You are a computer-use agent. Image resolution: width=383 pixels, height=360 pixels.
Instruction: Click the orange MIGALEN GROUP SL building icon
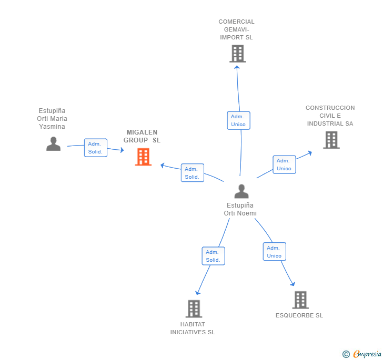[x=144, y=157]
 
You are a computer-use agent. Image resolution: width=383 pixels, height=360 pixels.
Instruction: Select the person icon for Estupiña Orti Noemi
[x=241, y=191]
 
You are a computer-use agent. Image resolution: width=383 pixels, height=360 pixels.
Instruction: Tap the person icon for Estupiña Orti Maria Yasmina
[x=53, y=144]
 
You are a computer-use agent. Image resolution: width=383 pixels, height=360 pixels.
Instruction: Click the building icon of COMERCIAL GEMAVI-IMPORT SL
[x=238, y=54]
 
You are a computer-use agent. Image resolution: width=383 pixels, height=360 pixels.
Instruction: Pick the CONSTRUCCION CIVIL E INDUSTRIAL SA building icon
[x=331, y=140]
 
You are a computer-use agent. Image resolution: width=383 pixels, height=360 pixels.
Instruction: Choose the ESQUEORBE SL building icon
[x=301, y=300]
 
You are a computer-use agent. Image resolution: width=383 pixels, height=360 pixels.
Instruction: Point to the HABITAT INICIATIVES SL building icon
[x=194, y=308]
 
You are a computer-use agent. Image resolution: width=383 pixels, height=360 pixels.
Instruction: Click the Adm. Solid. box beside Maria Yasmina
[x=96, y=148]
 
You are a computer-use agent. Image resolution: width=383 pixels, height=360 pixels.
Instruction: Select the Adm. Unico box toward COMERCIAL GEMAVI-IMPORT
[x=239, y=120]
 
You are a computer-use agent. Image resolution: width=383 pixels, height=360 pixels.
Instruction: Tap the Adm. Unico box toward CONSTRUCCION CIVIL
[x=284, y=164]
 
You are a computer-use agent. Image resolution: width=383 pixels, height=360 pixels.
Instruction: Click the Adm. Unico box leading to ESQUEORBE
[x=275, y=252]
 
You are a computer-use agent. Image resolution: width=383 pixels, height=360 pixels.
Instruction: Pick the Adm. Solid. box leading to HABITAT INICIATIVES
[x=214, y=256]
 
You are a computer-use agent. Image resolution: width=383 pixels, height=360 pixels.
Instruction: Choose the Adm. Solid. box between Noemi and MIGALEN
[x=193, y=173]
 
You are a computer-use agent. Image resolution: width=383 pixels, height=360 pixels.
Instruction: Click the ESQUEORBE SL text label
[x=299, y=315]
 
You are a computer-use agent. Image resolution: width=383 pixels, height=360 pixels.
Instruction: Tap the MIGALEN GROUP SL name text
[x=142, y=136]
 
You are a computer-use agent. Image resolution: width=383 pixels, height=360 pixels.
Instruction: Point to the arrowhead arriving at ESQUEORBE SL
[x=293, y=284]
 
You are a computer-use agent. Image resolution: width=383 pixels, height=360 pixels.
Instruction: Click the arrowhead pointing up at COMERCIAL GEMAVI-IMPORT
[x=237, y=68]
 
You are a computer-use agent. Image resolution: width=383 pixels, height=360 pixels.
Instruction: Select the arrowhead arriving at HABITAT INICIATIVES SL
[x=197, y=293]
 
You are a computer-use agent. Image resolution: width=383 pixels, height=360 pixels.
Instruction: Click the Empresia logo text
[x=367, y=354]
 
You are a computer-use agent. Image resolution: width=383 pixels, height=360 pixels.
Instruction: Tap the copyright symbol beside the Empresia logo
[x=346, y=354]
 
